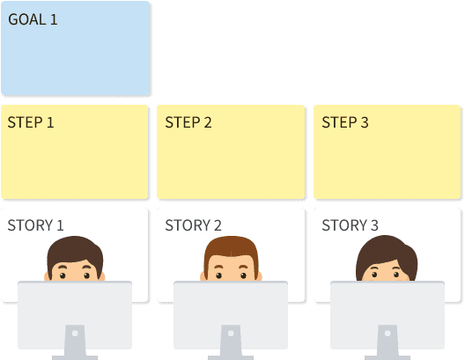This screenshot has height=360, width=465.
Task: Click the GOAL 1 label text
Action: tap(33, 19)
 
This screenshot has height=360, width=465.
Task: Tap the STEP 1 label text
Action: tap(31, 122)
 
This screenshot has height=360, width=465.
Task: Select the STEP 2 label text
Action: tap(188, 122)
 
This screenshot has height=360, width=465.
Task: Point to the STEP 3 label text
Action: tap(345, 122)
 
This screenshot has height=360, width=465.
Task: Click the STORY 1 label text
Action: tap(35, 225)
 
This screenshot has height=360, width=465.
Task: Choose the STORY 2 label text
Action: tap(193, 225)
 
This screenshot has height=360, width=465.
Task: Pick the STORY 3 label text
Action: tap(350, 225)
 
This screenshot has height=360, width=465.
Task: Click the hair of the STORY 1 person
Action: tap(75, 248)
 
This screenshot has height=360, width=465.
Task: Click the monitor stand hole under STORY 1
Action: tap(75, 334)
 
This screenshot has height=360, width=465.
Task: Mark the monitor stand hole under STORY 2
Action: tap(231, 334)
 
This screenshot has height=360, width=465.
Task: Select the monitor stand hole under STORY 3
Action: tap(387, 334)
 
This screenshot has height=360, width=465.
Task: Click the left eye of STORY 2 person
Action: tap(218, 276)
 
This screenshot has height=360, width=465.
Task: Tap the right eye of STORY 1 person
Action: tap(86, 276)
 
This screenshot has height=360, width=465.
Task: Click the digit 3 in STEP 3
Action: tap(365, 122)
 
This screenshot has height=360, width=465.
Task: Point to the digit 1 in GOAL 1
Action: tap(54, 19)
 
